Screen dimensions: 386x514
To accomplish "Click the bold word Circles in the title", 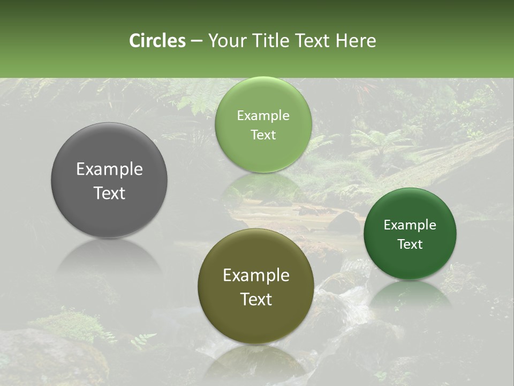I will click(157, 41).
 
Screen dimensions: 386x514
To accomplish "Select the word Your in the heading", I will click(225, 41).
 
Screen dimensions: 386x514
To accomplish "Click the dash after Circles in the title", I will click(196, 41).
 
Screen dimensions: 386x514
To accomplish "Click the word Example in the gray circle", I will click(109, 169).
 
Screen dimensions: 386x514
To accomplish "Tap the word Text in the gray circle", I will click(109, 193).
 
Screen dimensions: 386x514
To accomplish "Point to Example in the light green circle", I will click(263, 116).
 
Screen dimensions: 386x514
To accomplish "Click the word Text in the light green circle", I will click(263, 135).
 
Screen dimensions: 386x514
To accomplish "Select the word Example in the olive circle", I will click(256, 276).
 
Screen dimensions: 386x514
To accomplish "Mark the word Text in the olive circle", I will click(256, 299).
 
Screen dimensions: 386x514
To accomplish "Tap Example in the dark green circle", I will click(410, 225).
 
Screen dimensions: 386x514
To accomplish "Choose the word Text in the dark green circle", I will click(410, 244).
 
